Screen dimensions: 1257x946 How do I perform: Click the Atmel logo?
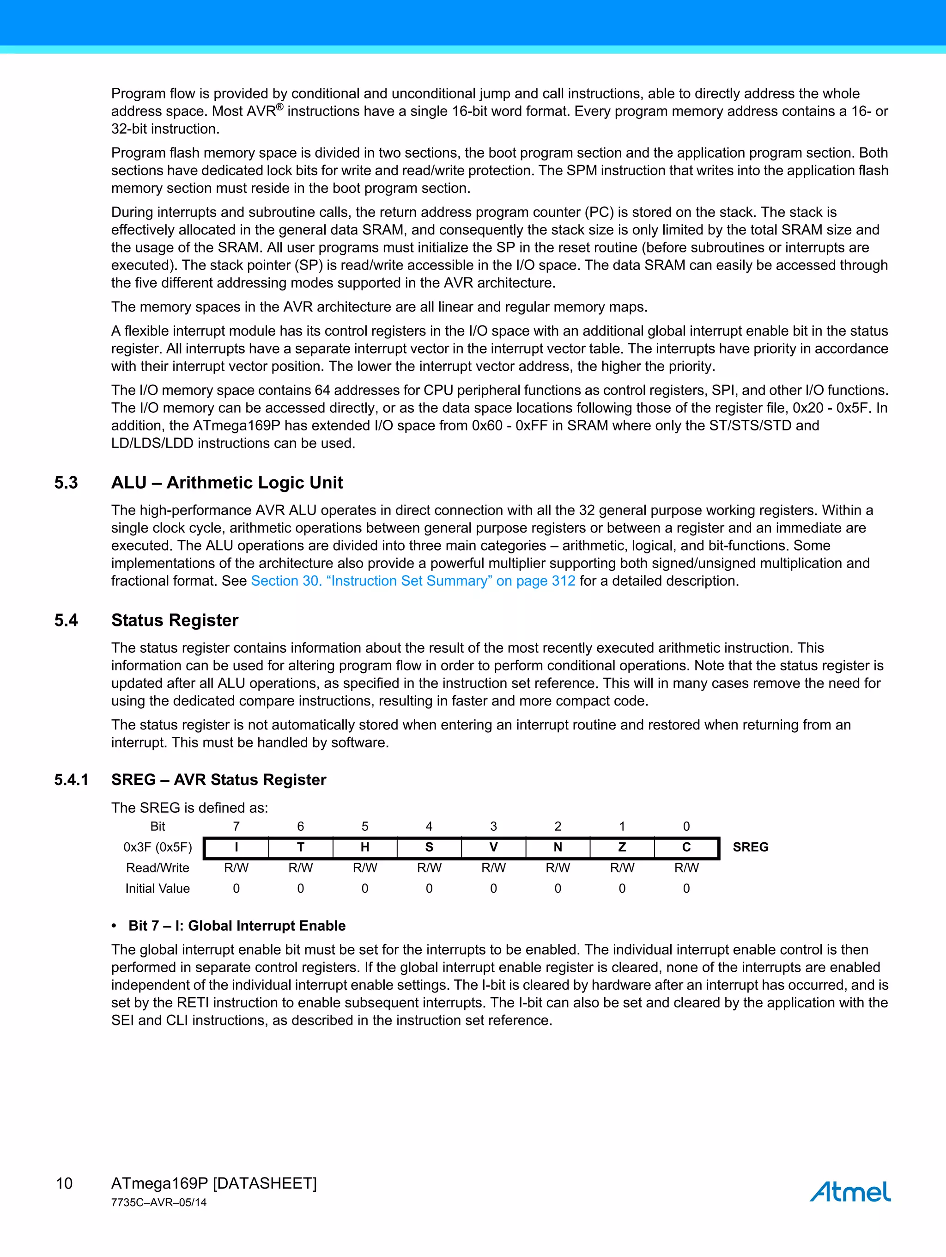point(850,1192)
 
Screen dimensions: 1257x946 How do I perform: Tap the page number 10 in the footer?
point(64,1183)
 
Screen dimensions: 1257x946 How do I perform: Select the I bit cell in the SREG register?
point(236,847)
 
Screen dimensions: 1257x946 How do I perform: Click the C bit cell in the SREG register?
point(686,847)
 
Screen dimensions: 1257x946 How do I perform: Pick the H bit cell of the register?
point(364,847)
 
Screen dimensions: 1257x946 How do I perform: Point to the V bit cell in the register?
point(493,847)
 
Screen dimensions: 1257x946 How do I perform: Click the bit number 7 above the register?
point(236,826)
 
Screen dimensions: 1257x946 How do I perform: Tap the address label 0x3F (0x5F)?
point(158,847)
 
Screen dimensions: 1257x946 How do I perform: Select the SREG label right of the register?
point(750,847)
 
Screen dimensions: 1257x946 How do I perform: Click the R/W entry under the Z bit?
point(622,868)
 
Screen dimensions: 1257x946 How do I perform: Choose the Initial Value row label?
point(158,888)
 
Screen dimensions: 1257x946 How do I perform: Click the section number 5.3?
point(66,483)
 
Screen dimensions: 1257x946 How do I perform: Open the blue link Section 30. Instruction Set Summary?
point(413,581)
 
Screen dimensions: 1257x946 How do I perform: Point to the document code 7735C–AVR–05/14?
point(158,1202)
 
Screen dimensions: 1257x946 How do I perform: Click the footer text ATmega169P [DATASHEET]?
point(213,1183)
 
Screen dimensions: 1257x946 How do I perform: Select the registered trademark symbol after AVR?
point(279,106)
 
